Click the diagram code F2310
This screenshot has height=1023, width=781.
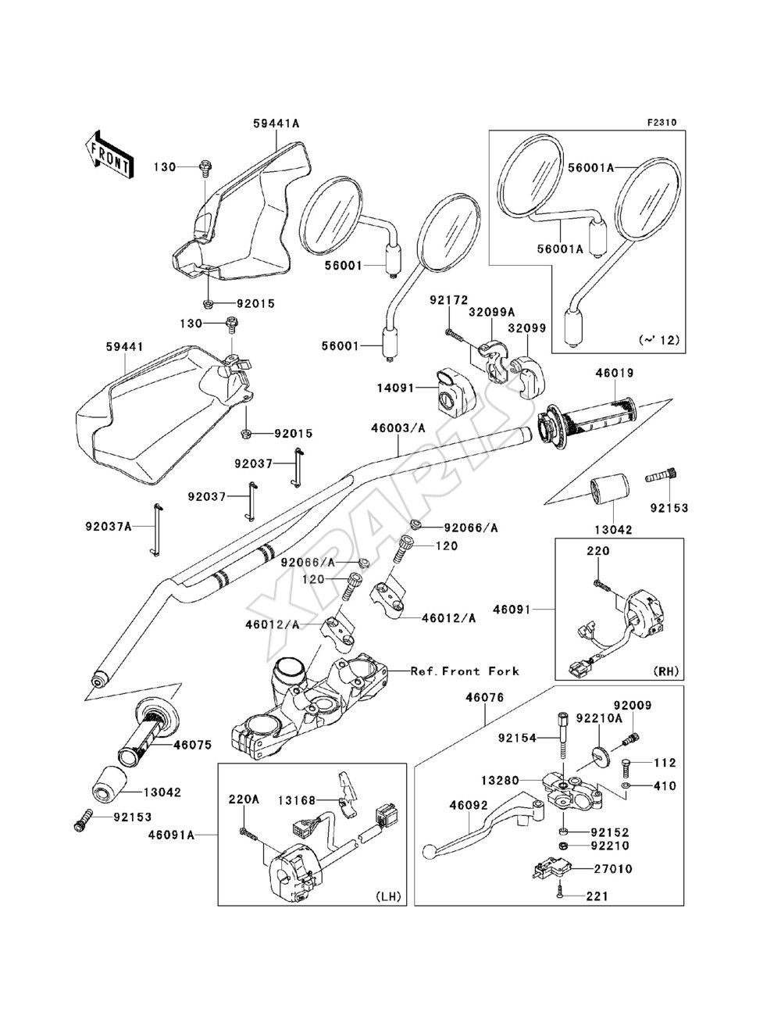[x=662, y=123]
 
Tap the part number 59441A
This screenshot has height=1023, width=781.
[x=276, y=123]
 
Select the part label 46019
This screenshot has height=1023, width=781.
[x=614, y=374]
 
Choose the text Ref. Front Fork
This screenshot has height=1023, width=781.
[x=465, y=671]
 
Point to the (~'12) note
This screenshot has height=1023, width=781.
[x=659, y=340]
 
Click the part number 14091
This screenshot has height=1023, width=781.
[x=395, y=388]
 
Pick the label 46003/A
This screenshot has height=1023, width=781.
[x=398, y=427]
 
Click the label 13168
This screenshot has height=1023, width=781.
[x=297, y=800]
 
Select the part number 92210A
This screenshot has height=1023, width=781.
[x=599, y=718]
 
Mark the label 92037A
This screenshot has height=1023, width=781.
[x=109, y=527]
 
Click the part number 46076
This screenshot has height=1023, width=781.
[x=485, y=697]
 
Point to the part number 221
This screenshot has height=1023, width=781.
[x=598, y=896]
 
